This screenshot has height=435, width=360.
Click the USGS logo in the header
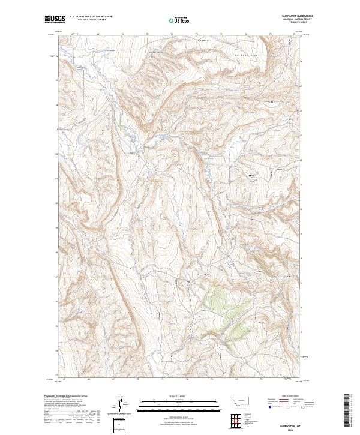55,20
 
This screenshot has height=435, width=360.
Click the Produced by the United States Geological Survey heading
64,396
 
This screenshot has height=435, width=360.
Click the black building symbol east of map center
250,175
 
